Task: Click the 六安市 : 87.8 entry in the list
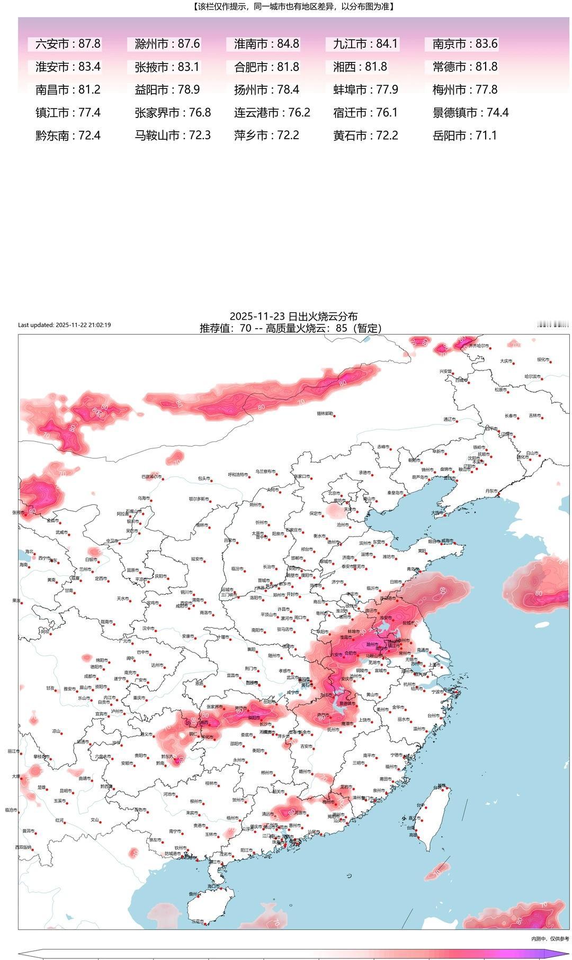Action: click(67, 44)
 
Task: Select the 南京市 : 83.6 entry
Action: click(464, 44)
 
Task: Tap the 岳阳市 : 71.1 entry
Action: click(464, 135)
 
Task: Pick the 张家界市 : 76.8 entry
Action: click(173, 113)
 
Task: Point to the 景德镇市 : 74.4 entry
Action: click(470, 113)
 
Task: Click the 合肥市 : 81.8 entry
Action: click(266, 67)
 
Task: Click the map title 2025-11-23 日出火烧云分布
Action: click(293, 317)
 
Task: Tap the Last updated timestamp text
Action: click(64, 325)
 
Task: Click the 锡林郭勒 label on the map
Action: click(325, 413)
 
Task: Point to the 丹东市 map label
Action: click(491, 491)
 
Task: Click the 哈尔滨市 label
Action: click(532, 376)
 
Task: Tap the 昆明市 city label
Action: click(51, 790)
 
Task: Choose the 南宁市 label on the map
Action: click(175, 831)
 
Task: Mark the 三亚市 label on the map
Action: click(197, 922)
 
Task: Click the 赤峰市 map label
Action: click(382, 447)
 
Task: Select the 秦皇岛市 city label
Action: click(395, 493)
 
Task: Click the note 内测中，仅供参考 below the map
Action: click(550, 939)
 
